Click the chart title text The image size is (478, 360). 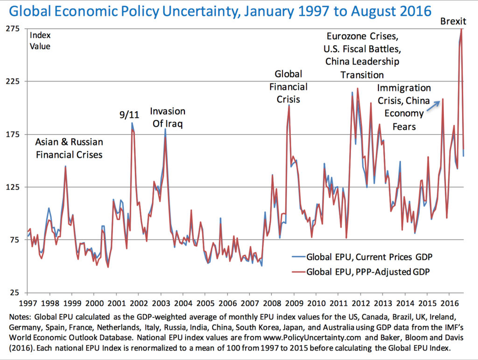click(220, 12)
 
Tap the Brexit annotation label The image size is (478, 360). click(453, 21)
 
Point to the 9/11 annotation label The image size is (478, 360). click(129, 114)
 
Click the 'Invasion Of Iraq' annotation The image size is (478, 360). click(168, 117)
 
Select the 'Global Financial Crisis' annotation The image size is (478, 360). click(288, 86)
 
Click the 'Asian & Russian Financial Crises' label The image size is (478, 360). click(69, 148)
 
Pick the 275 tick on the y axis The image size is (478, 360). click(13, 28)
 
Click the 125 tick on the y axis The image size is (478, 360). click(13, 187)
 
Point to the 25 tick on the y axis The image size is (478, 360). click(14, 293)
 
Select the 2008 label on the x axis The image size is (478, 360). click(272, 304)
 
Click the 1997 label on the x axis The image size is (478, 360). click(28, 304)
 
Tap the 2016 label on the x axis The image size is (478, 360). click(450, 304)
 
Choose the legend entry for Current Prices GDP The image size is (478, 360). click(362, 257)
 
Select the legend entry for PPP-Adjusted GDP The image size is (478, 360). click(361, 272)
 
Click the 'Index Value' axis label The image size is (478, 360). click(40, 41)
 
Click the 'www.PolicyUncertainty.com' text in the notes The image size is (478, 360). click(312, 338)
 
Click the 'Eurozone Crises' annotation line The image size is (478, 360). click(362, 36)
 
